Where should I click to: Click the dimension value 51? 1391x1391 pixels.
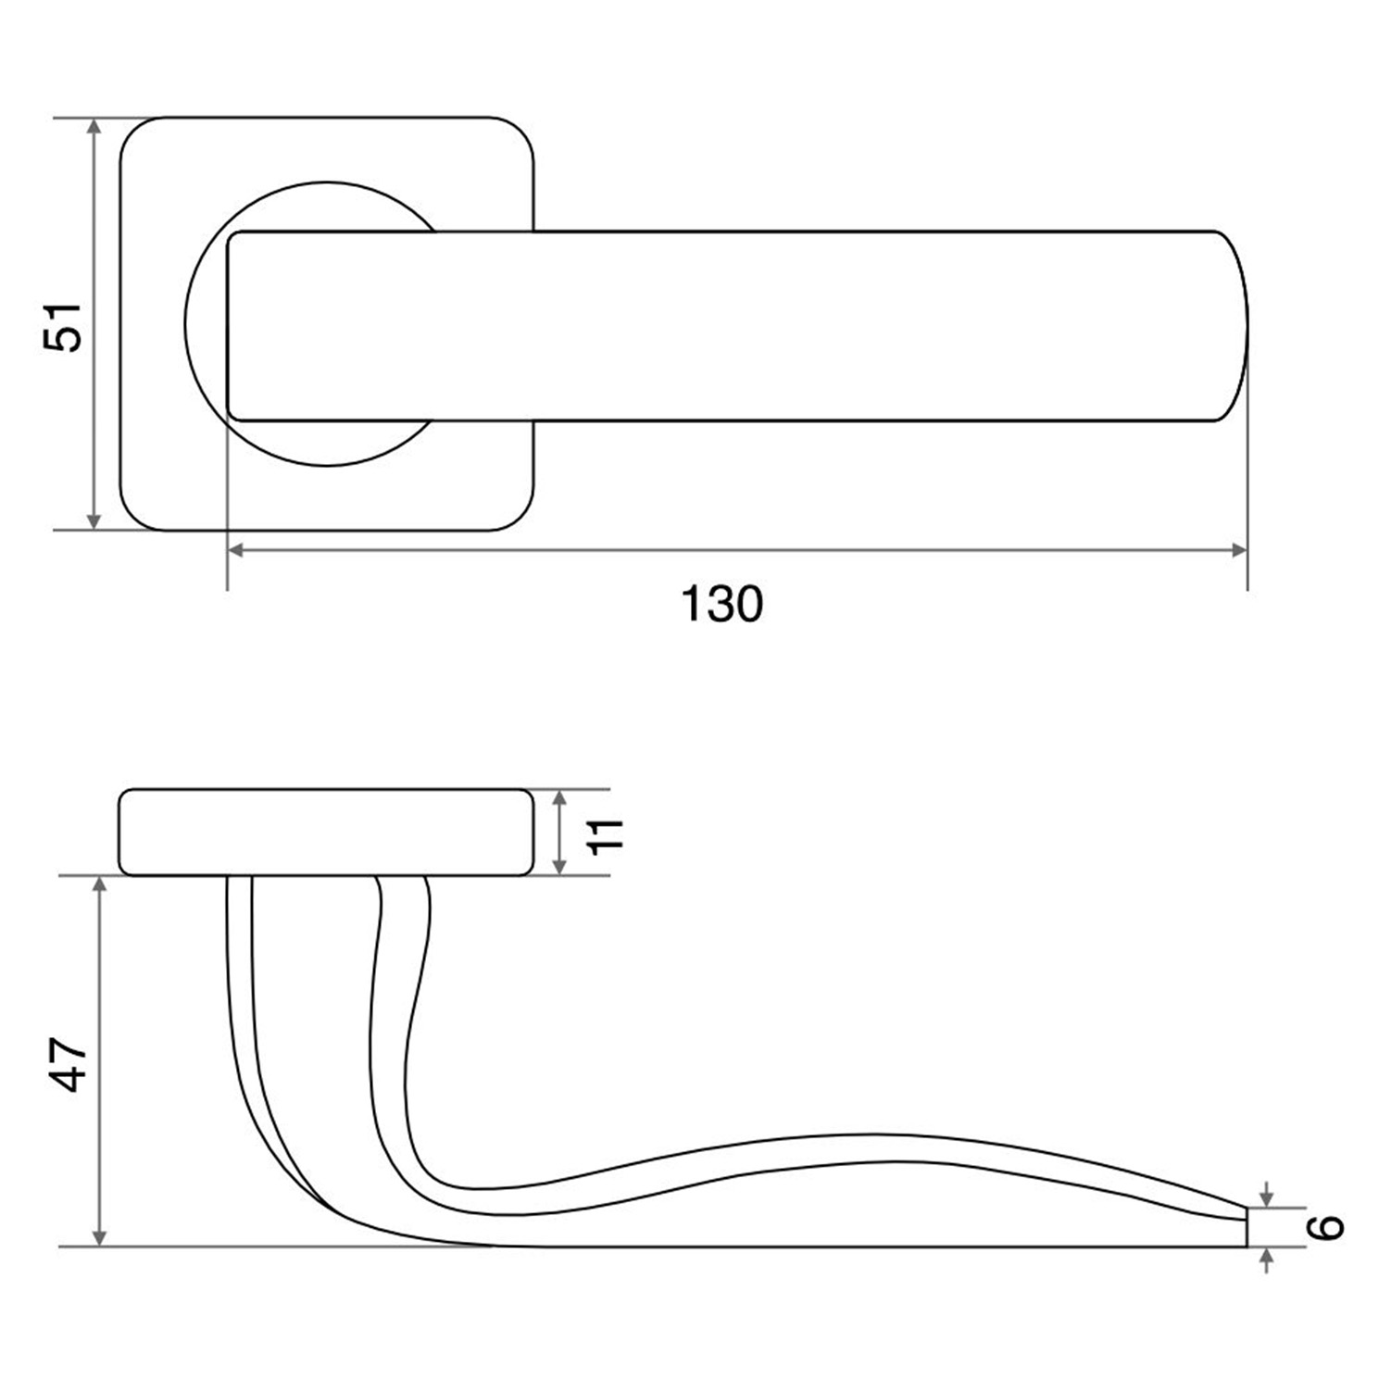click(x=63, y=326)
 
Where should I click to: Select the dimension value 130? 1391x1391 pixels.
click(x=722, y=604)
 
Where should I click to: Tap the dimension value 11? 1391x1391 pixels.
click(x=608, y=833)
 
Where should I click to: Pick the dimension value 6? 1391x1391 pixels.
click(x=1327, y=1227)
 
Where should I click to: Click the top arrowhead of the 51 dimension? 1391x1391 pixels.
click(x=93, y=128)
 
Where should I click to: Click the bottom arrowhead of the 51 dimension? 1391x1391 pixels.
click(x=93, y=520)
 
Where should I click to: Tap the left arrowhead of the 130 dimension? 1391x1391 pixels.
click(x=236, y=550)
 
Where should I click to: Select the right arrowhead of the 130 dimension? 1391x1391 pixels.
click(x=1238, y=550)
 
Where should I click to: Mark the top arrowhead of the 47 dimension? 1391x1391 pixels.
click(x=101, y=886)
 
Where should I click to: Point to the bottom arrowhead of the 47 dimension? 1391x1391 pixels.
click(x=101, y=1236)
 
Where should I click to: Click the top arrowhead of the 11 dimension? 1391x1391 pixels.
click(x=558, y=800)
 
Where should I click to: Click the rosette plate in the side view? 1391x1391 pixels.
click(x=327, y=833)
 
